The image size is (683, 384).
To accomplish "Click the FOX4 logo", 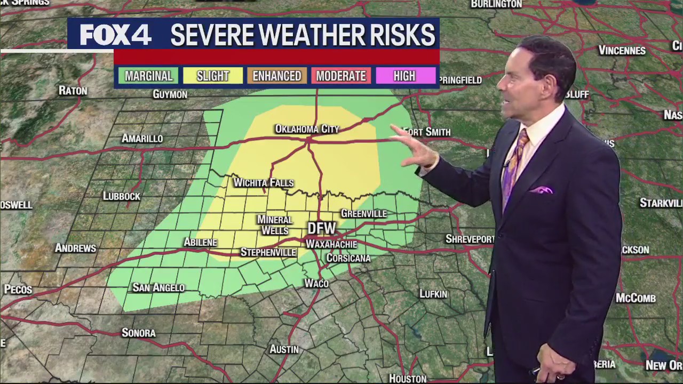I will [x=115, y=35].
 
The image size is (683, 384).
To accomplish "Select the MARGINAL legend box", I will [x=148, y=76].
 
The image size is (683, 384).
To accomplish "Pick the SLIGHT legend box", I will [x=212, y=76].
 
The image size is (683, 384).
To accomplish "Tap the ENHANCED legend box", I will [x=277, y=76].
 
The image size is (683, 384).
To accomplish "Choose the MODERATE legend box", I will [x=341, y=76].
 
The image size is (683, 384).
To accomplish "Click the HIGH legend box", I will [x=404, y=76].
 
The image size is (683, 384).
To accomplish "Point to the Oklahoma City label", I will [x=307, y=129].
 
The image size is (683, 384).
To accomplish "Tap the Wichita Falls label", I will [x=264, y=183].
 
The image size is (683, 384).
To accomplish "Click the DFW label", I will [x=322, y=229].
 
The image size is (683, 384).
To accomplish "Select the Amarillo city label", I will [x=142, y=139].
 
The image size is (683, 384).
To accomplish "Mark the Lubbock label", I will [x=122, y=196].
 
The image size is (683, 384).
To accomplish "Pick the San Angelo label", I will [x=158, y=288].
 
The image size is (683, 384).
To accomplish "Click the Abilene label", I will [x=200, y=243].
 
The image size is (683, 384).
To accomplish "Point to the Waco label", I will [x=316, y=284].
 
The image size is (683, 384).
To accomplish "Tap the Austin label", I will [x=284, y=349].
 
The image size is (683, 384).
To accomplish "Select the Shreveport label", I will [x=470, y=239].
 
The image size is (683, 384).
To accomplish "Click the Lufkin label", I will [x=433, y=294].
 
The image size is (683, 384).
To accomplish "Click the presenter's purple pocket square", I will [x=541, y=190].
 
